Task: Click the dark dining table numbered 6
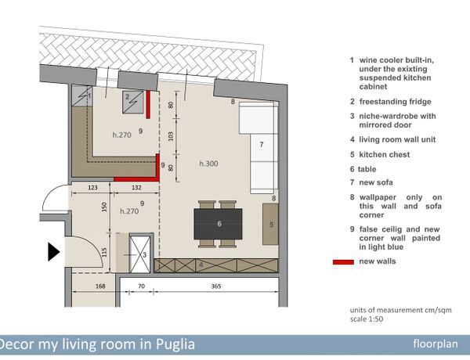(218, 224)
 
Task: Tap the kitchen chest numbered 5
(270, 224)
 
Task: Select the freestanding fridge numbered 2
(133, 102)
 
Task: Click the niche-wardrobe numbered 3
(139, 254)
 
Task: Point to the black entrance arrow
(53, 252)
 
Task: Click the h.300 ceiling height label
(208, 164)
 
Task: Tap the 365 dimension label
(216, 286)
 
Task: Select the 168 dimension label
(100, 286)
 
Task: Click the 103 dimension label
(171, 136)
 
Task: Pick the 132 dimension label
(136, 188)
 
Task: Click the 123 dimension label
(92, 188)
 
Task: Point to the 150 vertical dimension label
(104, 207)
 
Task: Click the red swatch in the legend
(343, 262)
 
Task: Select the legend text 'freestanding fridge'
(395, 102)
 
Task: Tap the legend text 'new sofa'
(376, 182)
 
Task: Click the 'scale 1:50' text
(367, 319)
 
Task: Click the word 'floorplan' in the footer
(436, 344)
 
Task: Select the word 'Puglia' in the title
(175, 344)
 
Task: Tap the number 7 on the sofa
(262, 145)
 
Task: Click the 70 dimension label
(141, 286)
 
